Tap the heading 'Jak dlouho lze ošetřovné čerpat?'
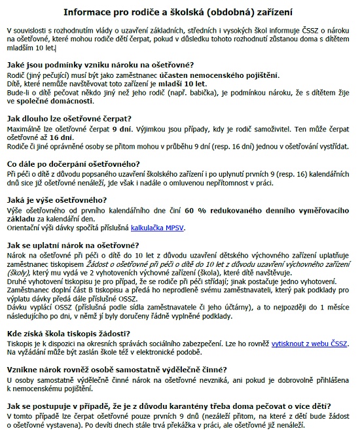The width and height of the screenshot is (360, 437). (x=69, y=119)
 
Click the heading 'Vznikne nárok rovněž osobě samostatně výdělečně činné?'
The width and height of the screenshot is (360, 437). (x=117, y=370)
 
